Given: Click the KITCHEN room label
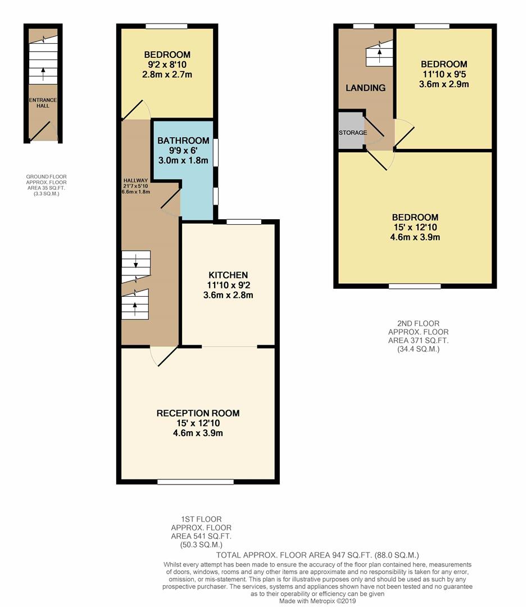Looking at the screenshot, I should (x=228, y=275).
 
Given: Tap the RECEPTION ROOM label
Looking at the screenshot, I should (x=198, y=413).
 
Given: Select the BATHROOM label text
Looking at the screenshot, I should (x=183, y=141).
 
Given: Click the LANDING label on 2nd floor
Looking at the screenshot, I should (x=365, y=88).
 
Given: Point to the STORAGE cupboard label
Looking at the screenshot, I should (x=352, y=133).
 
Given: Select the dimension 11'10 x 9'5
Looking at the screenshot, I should (x=444, y=74).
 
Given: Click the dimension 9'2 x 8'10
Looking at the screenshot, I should (x=167, y=65).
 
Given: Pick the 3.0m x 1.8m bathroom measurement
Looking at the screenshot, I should (x=183, y=160).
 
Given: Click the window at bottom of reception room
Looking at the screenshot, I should (x=196, y=482).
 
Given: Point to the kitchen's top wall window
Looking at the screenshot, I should (x=244, y=222).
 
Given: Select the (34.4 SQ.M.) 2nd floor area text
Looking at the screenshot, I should (x=414, y=349).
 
